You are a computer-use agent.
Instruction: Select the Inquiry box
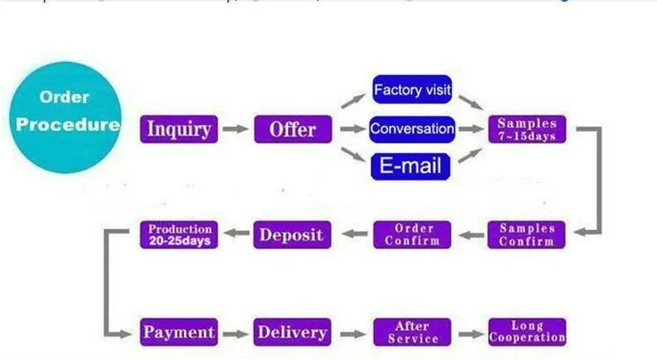point(178,129)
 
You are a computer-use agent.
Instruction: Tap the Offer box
point(292,129)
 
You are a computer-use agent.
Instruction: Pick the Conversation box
point(412,129)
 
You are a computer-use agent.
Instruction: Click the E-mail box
point(410,165)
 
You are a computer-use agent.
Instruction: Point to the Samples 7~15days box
point(527,129)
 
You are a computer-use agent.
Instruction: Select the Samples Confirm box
point(527,234)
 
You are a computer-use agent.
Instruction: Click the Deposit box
point(292,234)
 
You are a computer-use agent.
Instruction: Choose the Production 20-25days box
point(179,234)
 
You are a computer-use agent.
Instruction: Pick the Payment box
point(178,332)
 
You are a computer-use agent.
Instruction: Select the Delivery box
point(292,332)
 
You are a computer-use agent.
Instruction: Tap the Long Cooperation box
point(527,332)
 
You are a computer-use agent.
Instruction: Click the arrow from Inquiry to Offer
point(235,129)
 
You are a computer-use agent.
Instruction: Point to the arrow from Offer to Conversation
point(352,129)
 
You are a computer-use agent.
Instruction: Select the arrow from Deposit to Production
point(235,234)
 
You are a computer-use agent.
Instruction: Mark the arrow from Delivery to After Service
point(352,333)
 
